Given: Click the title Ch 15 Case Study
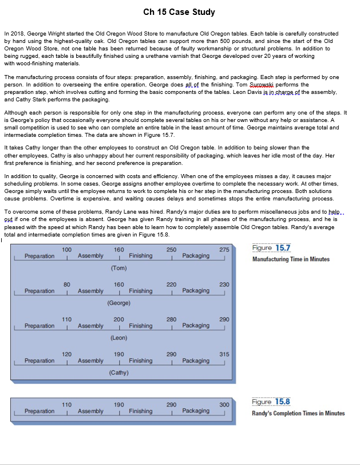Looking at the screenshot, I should tap(180, 11).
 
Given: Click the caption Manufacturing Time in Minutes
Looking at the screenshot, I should tap(291, 259).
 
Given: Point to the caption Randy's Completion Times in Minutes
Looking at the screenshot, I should tap(298, 413).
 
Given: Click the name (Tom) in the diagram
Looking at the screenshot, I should tap(118, 267).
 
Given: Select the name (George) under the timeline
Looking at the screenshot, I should tap(118, 302).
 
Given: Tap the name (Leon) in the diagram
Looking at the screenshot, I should tap(118, 338).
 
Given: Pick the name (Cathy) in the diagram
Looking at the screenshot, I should tap(118, 373).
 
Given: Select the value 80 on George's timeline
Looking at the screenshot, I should tap(67, 285).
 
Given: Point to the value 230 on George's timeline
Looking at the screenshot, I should tap(224, 285).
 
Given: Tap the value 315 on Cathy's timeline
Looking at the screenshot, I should tap(224, 354).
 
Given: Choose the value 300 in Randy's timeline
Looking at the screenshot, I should tap(224, 405).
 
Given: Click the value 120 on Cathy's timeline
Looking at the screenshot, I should tap(67, 354).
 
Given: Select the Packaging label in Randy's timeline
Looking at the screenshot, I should tap(196, 411).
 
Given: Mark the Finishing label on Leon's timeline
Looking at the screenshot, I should tap(140, 326).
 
